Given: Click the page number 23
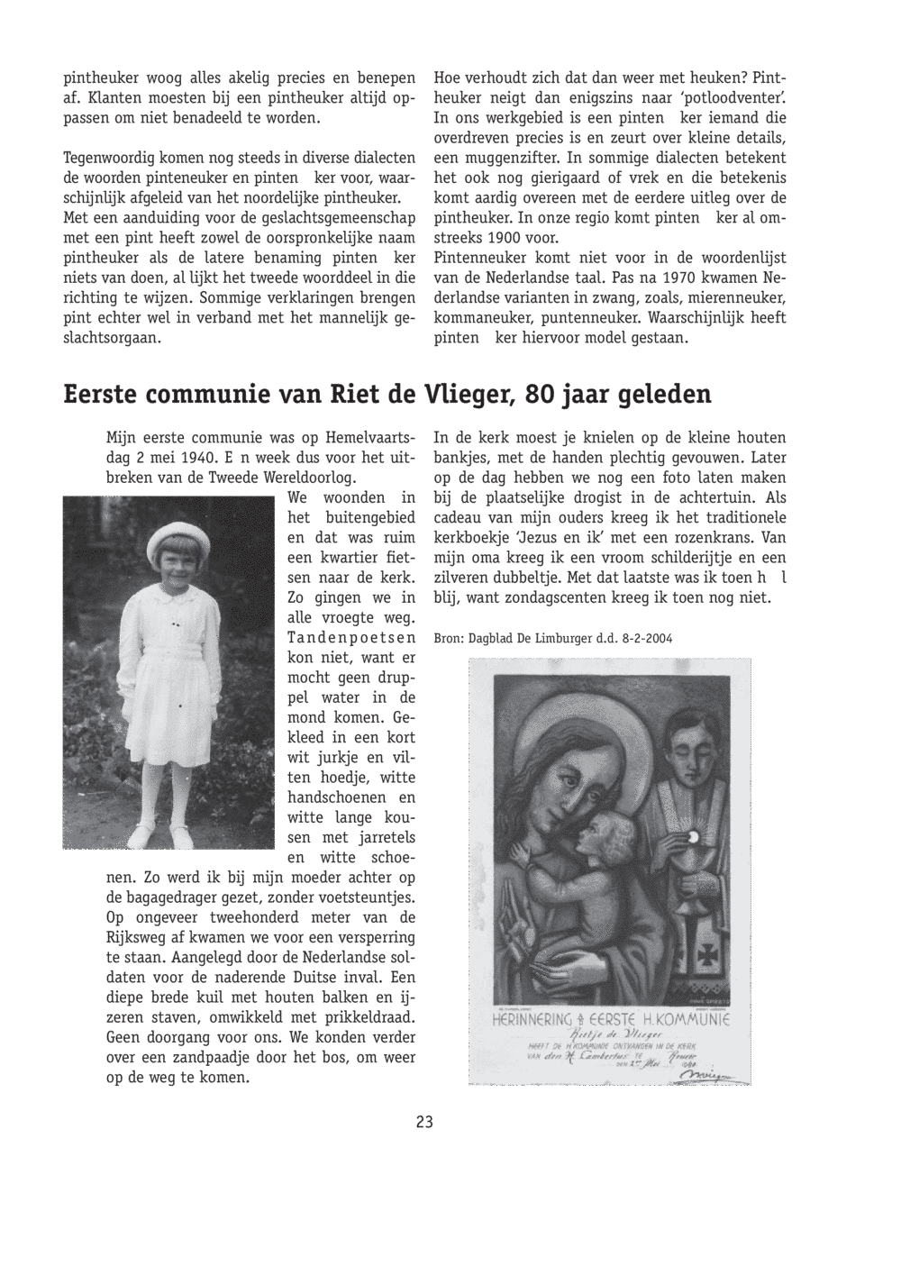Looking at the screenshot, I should (425, 1122).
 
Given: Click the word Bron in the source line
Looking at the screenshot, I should (449, 638).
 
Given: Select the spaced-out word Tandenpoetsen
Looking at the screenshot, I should (350, 638).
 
